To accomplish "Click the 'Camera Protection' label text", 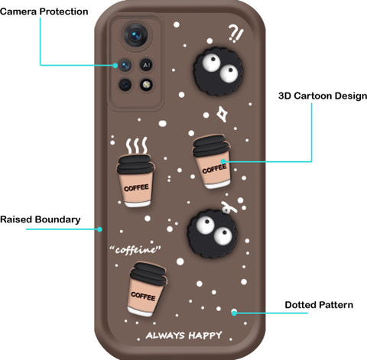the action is (x=44, y=11).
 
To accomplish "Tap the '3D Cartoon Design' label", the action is (x=323, y=96).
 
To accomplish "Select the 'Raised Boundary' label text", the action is (x=41, y=219).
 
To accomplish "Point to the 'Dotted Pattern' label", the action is (x=319, y=305).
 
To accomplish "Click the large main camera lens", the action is (x=135, y=35).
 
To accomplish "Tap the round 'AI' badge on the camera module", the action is (x=146, y=65).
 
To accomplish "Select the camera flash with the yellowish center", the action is (x=146, y=85).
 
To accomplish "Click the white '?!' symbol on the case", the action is (x=235, y=34).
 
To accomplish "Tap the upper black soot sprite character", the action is (x=218, y=72).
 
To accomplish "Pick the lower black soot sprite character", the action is (x=213, y=234).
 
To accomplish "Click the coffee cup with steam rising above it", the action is (x=135, y=180).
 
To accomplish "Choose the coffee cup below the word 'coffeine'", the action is (x=147, y=289).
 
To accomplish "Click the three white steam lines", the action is (x=137, y=145).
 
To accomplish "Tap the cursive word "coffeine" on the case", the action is (x=135, y=250).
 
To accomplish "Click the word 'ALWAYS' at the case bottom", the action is (x=165, y=336).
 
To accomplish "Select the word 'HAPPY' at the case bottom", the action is (x=205, y=336).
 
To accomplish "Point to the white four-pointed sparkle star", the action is (x=222, y=115).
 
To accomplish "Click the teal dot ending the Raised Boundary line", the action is (x=99, y=229).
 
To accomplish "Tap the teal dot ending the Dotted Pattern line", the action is (x=234, y=313).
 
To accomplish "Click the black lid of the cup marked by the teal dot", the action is (x=211, y=145).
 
